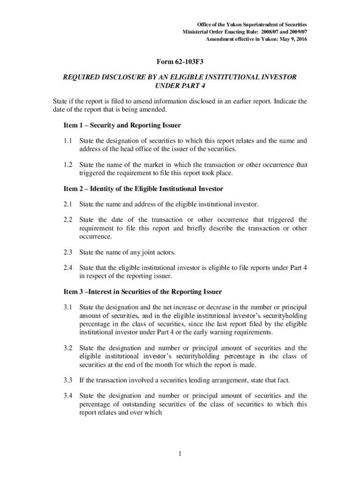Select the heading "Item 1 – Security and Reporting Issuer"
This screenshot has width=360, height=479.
coord(122,125)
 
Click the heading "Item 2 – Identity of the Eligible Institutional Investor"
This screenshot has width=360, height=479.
coord(143,189)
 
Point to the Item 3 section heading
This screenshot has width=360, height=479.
coord(142,292)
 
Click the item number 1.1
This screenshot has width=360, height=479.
coord(68,141)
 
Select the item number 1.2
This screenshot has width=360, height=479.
coord(68,165)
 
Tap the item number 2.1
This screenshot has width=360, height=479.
coord(68,204)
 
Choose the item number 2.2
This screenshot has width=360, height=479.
coord(68,220)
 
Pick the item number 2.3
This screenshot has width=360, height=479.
coord(68,253)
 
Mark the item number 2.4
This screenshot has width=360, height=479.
coord(68,268)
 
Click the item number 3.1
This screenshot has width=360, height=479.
coord(68,307)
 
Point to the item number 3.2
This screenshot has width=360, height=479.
coord(68,348)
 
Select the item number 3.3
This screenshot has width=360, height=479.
coord(68,380)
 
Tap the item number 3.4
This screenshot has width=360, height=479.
coord(68,396)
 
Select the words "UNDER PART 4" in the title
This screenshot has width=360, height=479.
coord(180,86)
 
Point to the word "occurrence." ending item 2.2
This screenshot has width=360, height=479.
coord(95,237)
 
